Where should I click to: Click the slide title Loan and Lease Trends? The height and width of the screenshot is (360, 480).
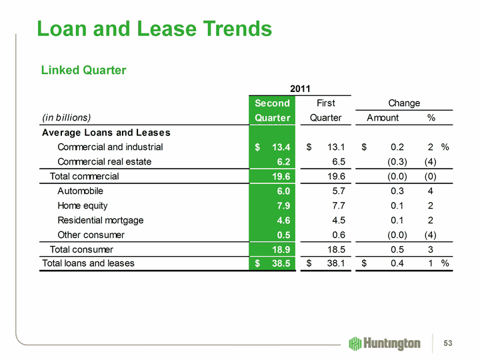[x=154, y=29]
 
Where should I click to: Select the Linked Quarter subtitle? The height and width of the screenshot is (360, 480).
[x=84, y=70]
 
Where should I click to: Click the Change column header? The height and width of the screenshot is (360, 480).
[x=404, y=103]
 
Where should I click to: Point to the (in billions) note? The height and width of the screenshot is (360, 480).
[x=66, y=117]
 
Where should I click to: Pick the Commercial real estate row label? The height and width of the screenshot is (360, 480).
[x=105, y=161]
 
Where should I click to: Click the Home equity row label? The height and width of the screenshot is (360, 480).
[x=83, y=205]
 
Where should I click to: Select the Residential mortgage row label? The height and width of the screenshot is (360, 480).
[x=101, y=220]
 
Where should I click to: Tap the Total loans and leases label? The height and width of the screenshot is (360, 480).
[x=88, y=263]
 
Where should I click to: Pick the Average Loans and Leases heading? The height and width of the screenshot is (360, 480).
[x=106, y=132]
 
